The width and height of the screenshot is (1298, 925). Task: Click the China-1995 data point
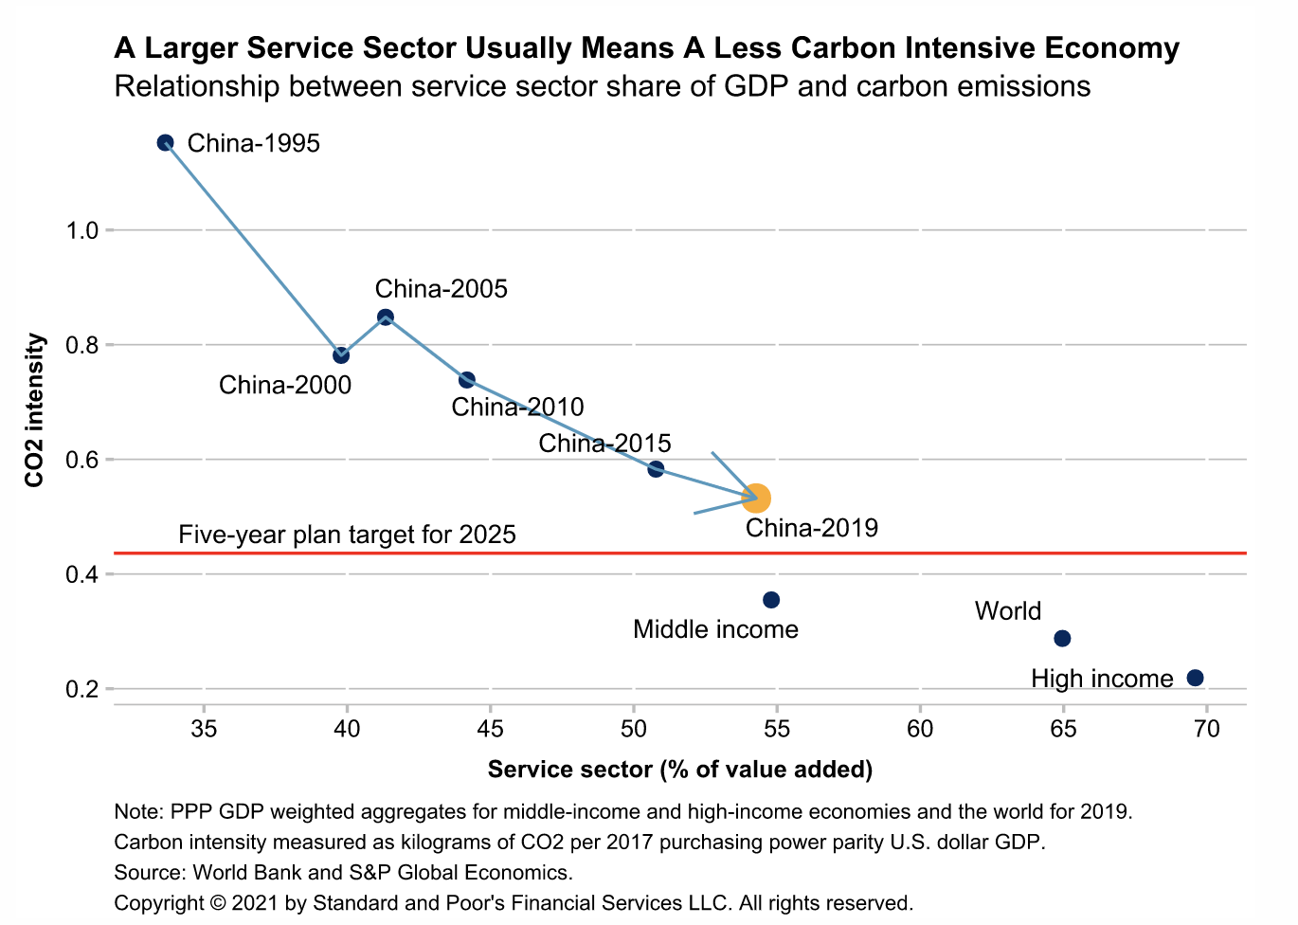point(165,143)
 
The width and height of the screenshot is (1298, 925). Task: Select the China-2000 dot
point(341,355)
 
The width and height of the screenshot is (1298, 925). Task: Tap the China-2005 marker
point(386,317)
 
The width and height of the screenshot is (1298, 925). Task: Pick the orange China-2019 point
point(755,498)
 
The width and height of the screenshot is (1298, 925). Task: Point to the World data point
point(1062,639)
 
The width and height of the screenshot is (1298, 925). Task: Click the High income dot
point(1195,678)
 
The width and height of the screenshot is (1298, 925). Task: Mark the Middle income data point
point(771,600)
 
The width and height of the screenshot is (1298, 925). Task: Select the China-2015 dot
point(656,469)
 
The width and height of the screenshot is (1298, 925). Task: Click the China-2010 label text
point(517,408)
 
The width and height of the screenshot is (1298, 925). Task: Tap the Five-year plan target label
point(347,535)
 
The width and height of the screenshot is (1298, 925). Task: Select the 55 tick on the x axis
point(777,729)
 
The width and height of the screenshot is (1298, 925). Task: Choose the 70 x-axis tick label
point(1206,729)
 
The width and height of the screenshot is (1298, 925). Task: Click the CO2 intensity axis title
point(35,409)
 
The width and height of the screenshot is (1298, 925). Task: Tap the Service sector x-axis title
point(679,769)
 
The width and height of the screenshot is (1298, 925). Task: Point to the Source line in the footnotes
point(343,872)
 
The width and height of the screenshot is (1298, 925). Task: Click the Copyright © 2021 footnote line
point(513,902)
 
